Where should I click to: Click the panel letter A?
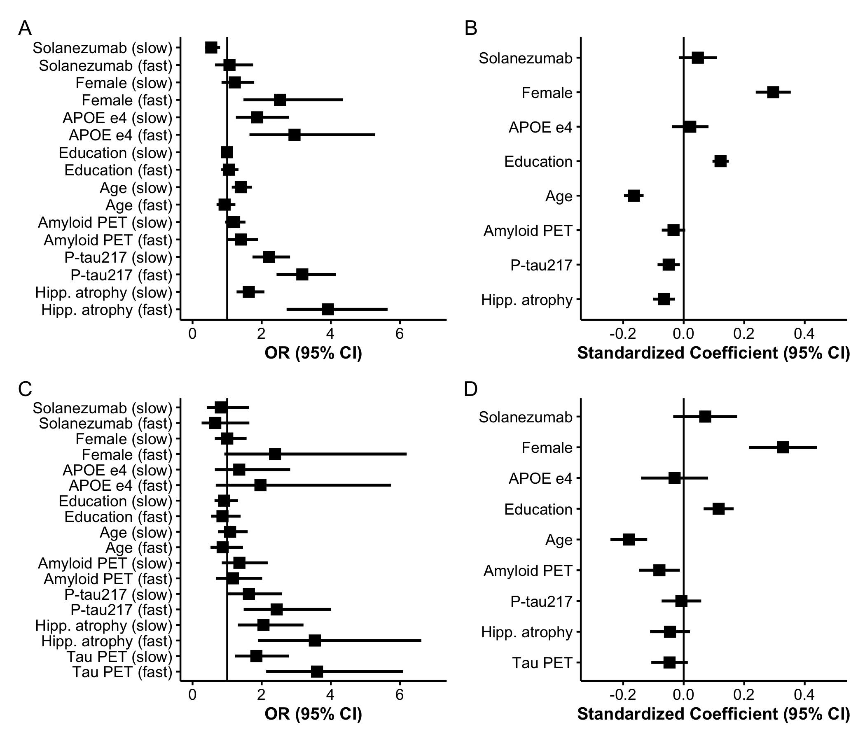click(25, 29)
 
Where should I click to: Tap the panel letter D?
click(471, 389)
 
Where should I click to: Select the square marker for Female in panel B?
click(773, 92)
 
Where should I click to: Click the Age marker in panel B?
click(634, 196)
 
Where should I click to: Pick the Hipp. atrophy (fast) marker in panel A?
click(328, 310)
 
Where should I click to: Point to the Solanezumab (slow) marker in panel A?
click(212, 48)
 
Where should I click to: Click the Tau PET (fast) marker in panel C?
click(317, 672)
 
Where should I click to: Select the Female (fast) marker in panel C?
click(275, 454)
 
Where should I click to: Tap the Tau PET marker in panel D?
click(669, 662)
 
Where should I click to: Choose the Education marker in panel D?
click(718, 509)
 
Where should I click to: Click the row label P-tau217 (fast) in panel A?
click(122, 275)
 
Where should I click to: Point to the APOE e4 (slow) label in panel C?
click(117, 470)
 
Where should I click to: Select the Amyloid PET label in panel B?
click(528, 230)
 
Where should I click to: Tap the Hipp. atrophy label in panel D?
click(526, 632)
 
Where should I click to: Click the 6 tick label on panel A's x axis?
click(400, 334)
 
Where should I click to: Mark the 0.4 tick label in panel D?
click(804, 695)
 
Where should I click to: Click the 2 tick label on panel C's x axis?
click(261, 695)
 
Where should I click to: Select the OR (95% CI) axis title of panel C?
click(313, 714)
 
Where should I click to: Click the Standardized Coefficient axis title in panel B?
click(713, 353)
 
